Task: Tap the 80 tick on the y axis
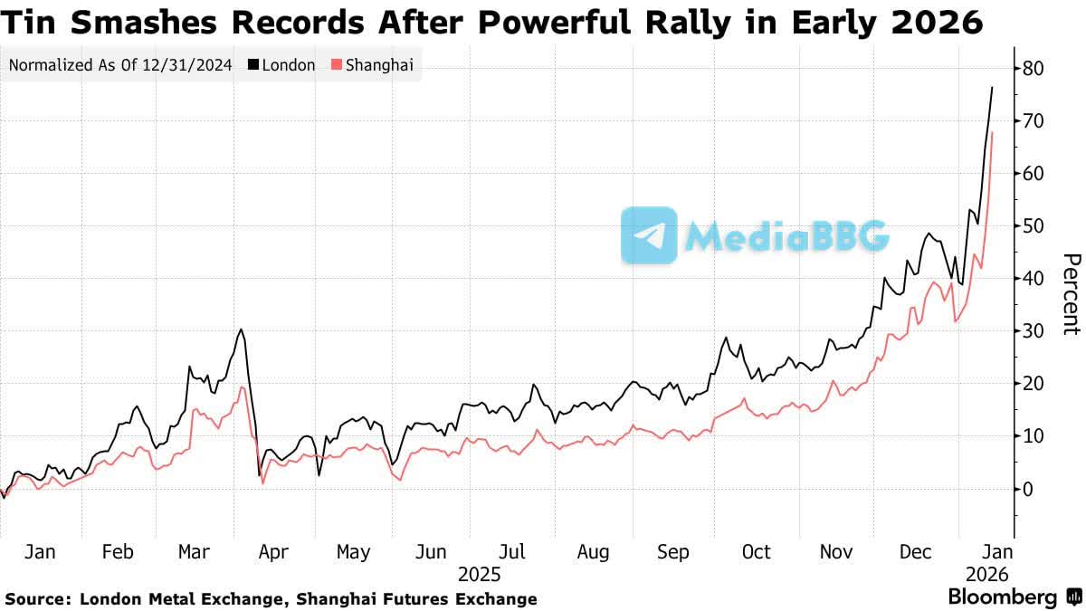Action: pyautogui.click(x=1034, y=69)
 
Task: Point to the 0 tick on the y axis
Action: pyautogui.click(x=1029, y=489)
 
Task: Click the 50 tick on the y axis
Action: pyautogui.click(x=1034, y=226)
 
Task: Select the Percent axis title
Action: pyautogui.click(x=1070, y=294)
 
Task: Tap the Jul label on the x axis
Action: pyautogui.click(x=513, y=551)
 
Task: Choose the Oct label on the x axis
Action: pyautogui.click(x=756, y=551)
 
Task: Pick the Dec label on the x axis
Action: pyautogui.click(x=915, y=551)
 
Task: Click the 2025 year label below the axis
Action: pyautogui.click(x=480, y=574)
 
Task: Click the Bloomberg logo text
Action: pyautogui.click(x=1002, y=597)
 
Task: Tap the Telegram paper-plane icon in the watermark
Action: pyautogui.click(x=649, y=235)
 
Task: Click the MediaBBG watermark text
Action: pyautogui.click(x=786, y=236)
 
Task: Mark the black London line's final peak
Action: pyautogui.click(x=993, y=87)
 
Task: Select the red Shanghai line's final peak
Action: pyautogui.click(x=993, y=132)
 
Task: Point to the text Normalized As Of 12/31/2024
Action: pyautogui.click(x=120, y=65)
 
